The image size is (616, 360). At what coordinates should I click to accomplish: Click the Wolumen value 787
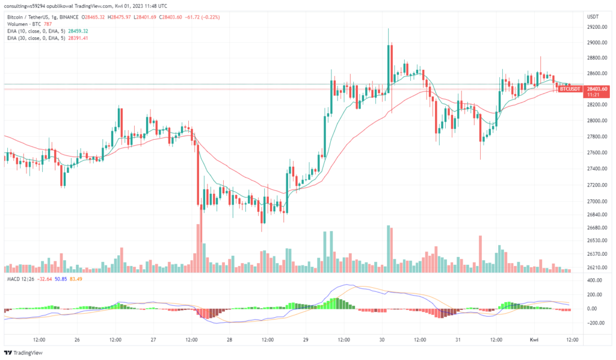coord(48,24)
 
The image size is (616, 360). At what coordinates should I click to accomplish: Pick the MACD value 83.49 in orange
coord(76,279)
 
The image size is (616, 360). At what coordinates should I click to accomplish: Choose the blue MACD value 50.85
coord(61,279)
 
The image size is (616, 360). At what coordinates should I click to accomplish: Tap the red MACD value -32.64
coord(45,279)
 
